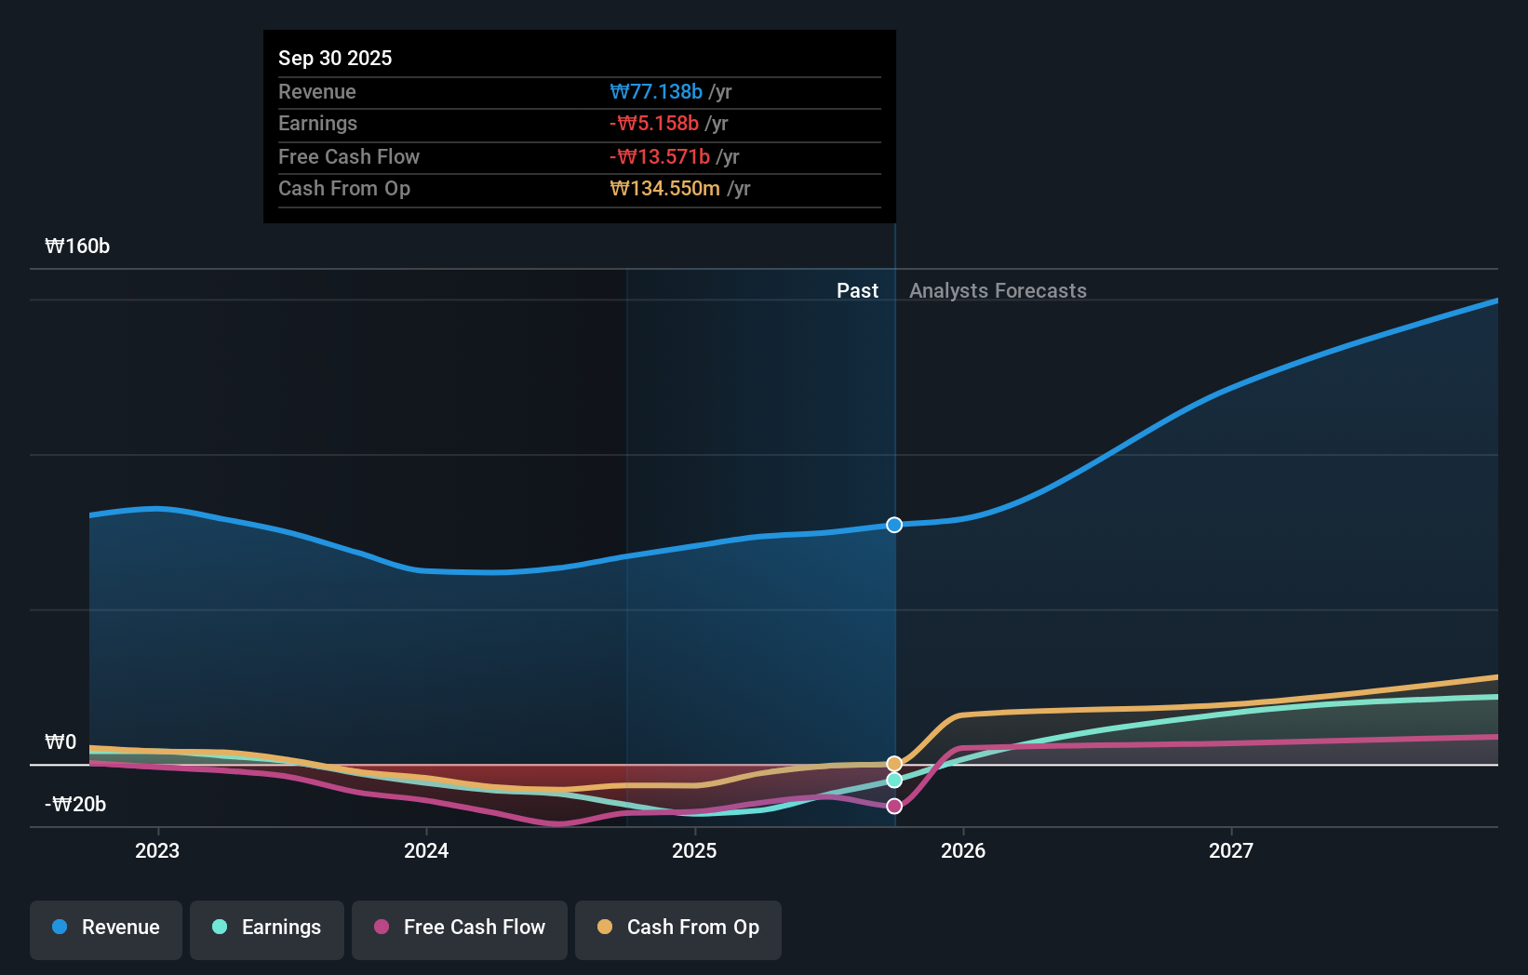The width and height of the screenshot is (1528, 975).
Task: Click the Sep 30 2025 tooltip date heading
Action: coord(335,58)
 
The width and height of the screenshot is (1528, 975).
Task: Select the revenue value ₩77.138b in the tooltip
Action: coord(656,91)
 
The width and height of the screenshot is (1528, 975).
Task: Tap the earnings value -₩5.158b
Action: coord(654,124)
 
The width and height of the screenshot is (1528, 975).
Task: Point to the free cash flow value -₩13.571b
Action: coord(660,156)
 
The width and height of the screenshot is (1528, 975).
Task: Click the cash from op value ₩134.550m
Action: coord(664,189)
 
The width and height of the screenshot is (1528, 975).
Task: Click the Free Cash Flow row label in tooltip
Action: coord(349,156)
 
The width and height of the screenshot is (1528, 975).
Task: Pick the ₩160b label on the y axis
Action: coord(77,247)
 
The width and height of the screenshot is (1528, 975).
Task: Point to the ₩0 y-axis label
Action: coord(60,742)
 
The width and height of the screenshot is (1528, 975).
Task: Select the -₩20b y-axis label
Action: coord(75,805)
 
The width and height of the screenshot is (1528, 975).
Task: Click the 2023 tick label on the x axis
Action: coord(157,850)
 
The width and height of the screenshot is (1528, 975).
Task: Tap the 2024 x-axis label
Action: coord(426,850)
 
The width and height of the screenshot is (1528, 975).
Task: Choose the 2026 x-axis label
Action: coord(963,850)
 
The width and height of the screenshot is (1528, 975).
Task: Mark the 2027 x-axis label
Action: coord(1231,850)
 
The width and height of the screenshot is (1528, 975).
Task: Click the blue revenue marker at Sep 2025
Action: coord(894,525)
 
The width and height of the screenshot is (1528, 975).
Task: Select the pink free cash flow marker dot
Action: coord(894,807)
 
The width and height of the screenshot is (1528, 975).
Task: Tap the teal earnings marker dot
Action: coord(894,781)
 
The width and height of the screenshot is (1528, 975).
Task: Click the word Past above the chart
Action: coord(857,291)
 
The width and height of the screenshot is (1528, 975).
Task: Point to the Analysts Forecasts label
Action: coord(998,291)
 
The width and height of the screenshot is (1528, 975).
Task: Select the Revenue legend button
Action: coord(106,928)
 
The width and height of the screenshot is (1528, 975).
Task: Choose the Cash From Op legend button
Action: coord(678,928)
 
